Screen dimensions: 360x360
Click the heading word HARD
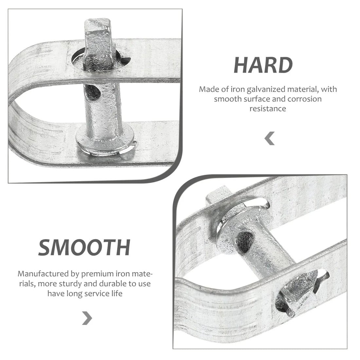click(263, 65)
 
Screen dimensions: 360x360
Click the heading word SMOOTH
click(84, 247)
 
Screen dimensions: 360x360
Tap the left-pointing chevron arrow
click(270, 139)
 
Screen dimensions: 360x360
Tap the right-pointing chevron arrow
click(87, 317)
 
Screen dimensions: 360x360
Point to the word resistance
click(268, 108)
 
